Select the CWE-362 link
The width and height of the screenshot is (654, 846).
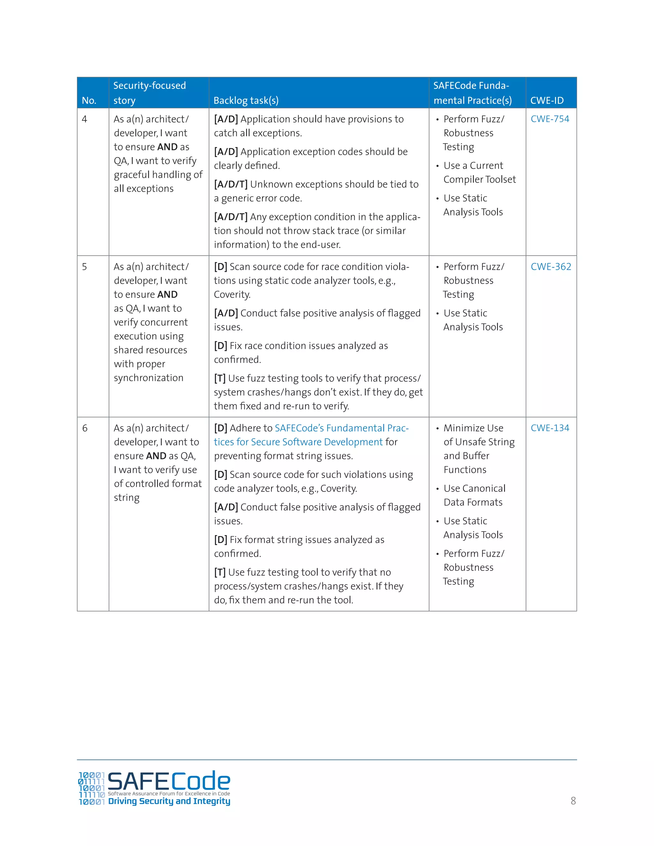pos(551,267)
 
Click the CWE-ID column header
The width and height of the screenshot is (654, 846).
pos(547,100)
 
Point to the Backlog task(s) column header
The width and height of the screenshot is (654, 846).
pos(246,100)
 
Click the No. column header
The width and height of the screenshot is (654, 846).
pos(89,100)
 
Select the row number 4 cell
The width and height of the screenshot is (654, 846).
pos(84,119)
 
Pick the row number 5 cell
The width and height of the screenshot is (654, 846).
pos(84,267)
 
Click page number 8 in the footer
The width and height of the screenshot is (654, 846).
pos(573,801)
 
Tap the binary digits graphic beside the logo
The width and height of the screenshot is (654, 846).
pos(91,788)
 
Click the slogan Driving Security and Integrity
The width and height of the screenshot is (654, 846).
pos(169,801)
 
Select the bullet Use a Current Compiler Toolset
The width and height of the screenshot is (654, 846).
pos(479,172)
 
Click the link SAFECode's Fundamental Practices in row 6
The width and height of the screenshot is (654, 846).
pos(341,428)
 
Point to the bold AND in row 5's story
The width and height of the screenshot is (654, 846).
pos(167,294)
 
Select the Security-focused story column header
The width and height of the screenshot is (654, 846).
pos(149,93)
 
